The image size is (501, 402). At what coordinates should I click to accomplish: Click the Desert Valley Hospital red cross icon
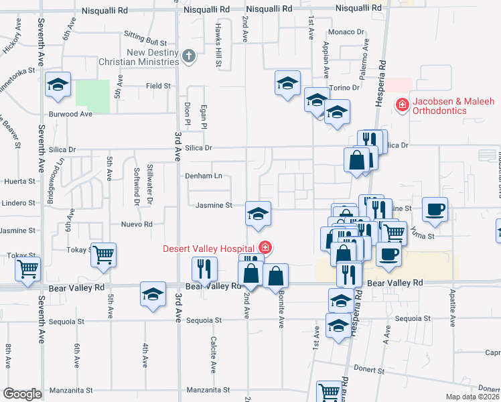[x=266, y=249]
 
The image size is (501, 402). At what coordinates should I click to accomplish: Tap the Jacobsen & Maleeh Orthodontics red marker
[x=402, y=105]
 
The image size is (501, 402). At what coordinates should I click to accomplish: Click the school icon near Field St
[x=58, y=84]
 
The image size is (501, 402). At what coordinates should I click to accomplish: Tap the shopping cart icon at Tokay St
[x=104, y=255]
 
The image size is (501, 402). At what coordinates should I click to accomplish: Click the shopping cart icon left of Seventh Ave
[x=28, y=269]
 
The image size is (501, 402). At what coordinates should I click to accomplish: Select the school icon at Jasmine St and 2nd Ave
[x=258, y=214]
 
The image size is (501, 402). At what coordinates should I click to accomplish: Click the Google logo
[x=22, y=394]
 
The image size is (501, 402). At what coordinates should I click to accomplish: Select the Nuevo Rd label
[x=137, y=224]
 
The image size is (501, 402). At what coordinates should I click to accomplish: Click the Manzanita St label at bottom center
[x=208, y=389]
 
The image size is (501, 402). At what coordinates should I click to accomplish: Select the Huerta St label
[x=19, y=181]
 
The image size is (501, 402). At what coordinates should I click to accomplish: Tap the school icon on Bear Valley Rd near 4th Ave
[x=153, y=293]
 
